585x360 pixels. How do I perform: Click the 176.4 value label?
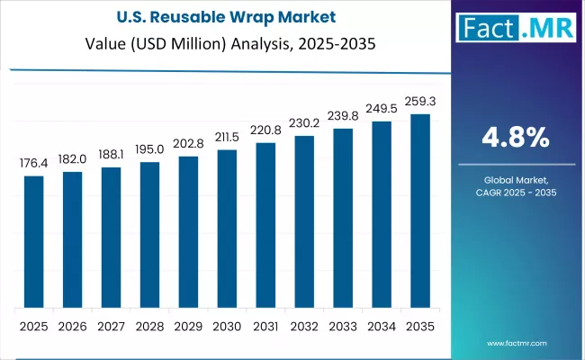point(33,164)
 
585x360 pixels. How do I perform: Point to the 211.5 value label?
point(227,137)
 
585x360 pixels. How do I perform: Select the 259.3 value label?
point(420,102)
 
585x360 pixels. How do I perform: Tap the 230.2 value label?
point(304,123)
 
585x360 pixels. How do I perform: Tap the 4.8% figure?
point(516,138)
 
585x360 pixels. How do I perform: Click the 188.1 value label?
point(111,153)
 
